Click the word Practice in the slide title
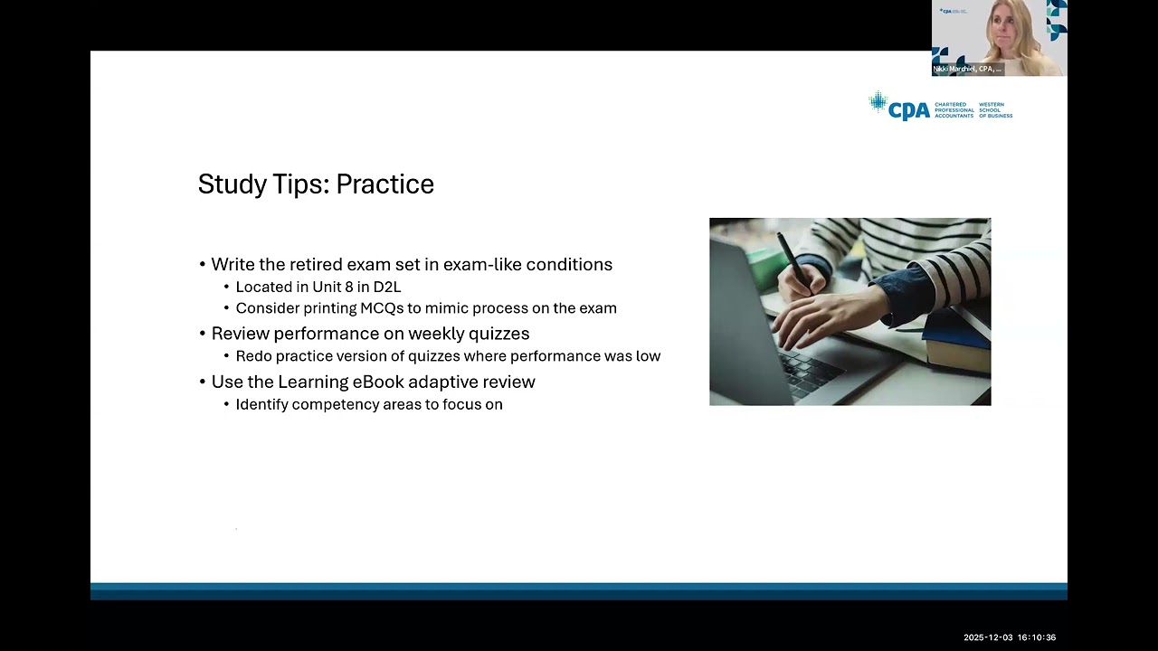pos(384,184)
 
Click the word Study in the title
pos(229,184)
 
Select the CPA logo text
pos(908,110)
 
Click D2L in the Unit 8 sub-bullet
pos(386,288)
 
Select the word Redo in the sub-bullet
pos(252,356)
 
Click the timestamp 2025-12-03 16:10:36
pos(1009,637)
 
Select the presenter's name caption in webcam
pos(967,69)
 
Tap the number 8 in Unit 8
pos(349,288)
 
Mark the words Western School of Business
pos(995,110)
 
